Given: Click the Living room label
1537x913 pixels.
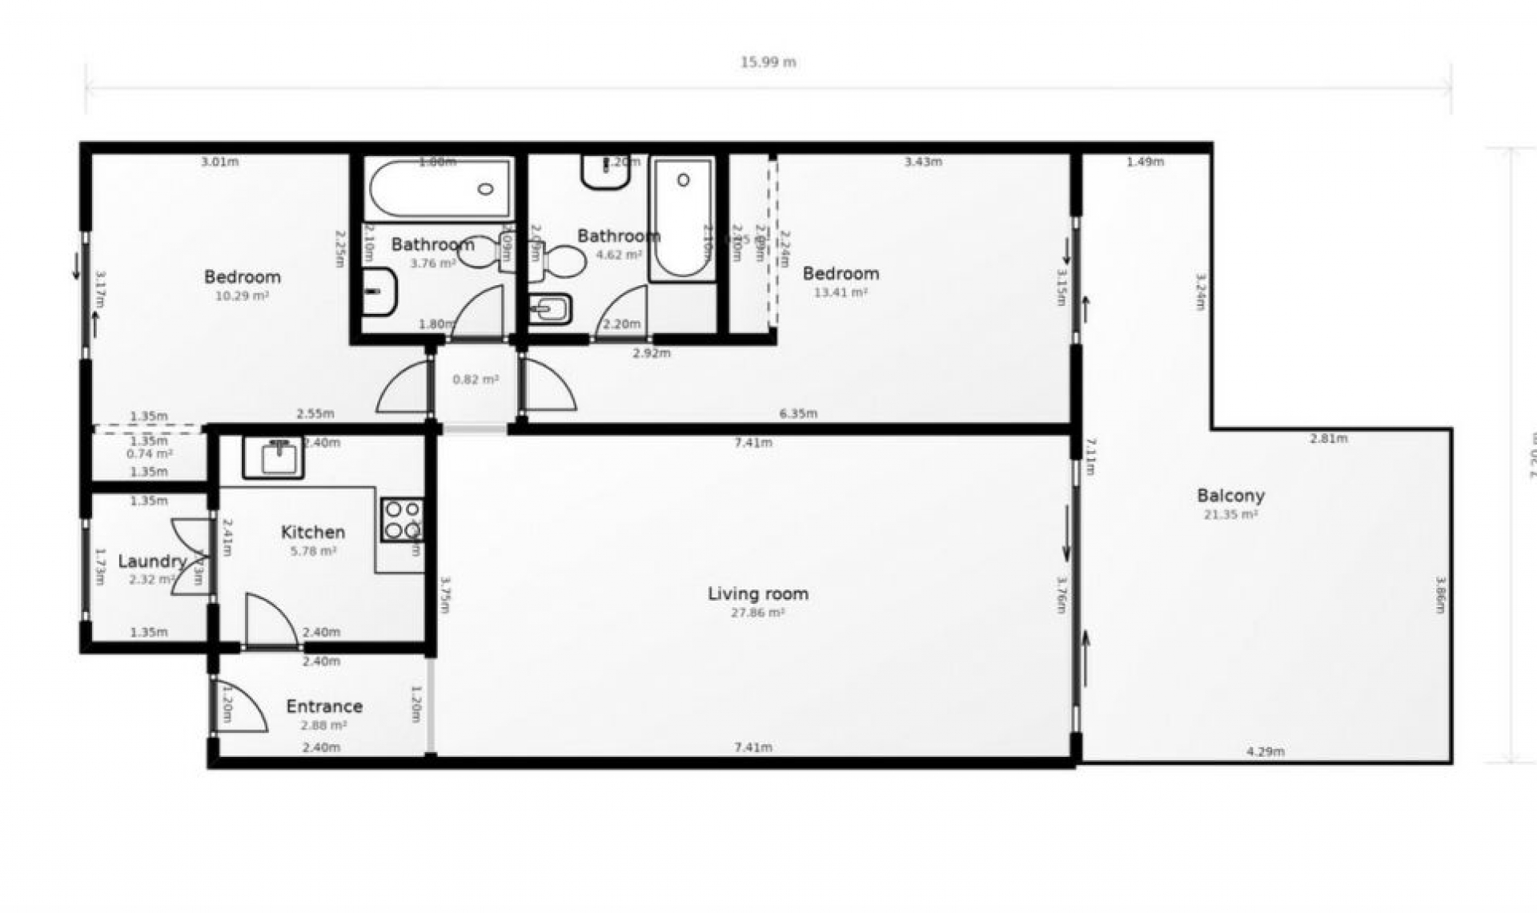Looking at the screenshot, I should (x=757, y=593).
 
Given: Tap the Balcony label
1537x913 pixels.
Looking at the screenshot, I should (x=1230, y=495).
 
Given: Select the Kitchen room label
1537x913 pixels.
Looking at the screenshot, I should (x=313, y=532).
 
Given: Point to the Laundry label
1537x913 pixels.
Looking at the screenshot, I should (x=152, y=561).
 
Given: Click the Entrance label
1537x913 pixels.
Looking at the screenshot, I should (x=324, y=706).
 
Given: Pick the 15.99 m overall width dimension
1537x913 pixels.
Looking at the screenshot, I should (x=768, y=62).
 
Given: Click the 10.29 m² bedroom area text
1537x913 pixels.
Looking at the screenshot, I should (x=242, y=296).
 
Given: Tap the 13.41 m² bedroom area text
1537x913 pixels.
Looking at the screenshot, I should (x=841, y=292).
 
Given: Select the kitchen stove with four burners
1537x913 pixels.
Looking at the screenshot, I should (x=401, y=519).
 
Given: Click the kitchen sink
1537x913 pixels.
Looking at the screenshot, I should (x=274, y=457).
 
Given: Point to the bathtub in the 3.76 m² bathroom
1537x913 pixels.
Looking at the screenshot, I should (x=439, y=189).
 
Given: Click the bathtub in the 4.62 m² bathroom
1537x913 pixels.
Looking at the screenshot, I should (x=682, y=219).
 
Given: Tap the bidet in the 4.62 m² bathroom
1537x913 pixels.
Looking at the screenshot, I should (x=550, y=308).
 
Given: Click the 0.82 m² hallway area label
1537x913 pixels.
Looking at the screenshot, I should (x=476, y=380).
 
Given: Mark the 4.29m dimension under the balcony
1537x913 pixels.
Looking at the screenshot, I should (x=1265, y=751).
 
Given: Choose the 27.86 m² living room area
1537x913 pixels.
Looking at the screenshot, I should (x=757, y=613).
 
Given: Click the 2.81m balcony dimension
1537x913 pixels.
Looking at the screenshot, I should (x=1328, y=438).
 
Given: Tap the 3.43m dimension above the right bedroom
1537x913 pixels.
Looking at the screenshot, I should (x=923, y=161).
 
